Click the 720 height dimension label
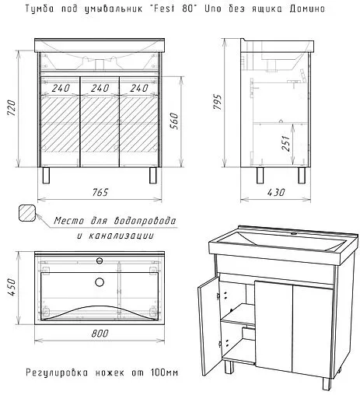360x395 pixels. tap(12, 107)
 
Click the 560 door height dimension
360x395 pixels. tap(175, 121)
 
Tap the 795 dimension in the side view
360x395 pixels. tap(218, 102)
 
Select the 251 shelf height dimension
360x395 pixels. tap(285, 143)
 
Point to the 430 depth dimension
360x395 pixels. tap(276, 192)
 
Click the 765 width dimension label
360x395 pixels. tap(100, 192)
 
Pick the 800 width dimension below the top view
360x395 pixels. tap(100, 333)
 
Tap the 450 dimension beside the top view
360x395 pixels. tap(12, 287)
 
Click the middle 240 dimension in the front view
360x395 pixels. tap(100, 88)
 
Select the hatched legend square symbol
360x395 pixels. tap(27, 212)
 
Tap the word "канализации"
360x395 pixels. tap(121, 236)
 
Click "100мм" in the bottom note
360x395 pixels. tap(164, 372)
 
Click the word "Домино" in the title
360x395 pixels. tap(307, 9)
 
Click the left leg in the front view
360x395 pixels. tap(46, 176)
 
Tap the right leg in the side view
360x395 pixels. tap(302, 176)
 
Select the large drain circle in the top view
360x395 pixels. tap(100, 282)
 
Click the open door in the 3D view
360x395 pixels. tap(209, 324)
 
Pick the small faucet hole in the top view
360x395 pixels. tap(100, 260)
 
